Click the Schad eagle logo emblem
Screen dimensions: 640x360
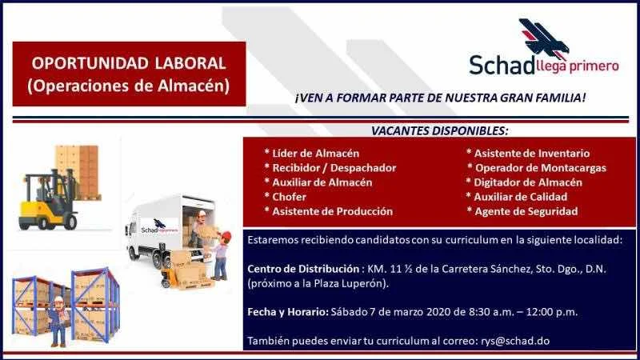(544, 38)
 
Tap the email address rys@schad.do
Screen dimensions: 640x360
(515, 341)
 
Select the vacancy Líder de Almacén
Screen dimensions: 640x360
(315, 154)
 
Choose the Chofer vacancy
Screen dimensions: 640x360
(289, 197)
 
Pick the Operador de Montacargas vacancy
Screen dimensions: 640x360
(541, 168)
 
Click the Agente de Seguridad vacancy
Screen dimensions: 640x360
(526, 211)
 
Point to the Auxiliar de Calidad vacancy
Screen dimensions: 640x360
(521, 197)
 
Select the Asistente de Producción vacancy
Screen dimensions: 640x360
(332, 211)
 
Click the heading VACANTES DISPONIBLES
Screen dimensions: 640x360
(439, 131)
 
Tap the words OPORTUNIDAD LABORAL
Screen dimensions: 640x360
(129, 63)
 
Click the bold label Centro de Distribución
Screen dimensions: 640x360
(303, 269)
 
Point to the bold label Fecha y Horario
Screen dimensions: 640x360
(288, 312)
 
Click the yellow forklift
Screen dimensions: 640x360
(48, 200)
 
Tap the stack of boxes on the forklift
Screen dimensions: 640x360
(78, 171)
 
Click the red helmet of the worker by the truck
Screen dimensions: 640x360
(226, 235)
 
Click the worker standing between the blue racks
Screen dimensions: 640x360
(58, 322)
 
